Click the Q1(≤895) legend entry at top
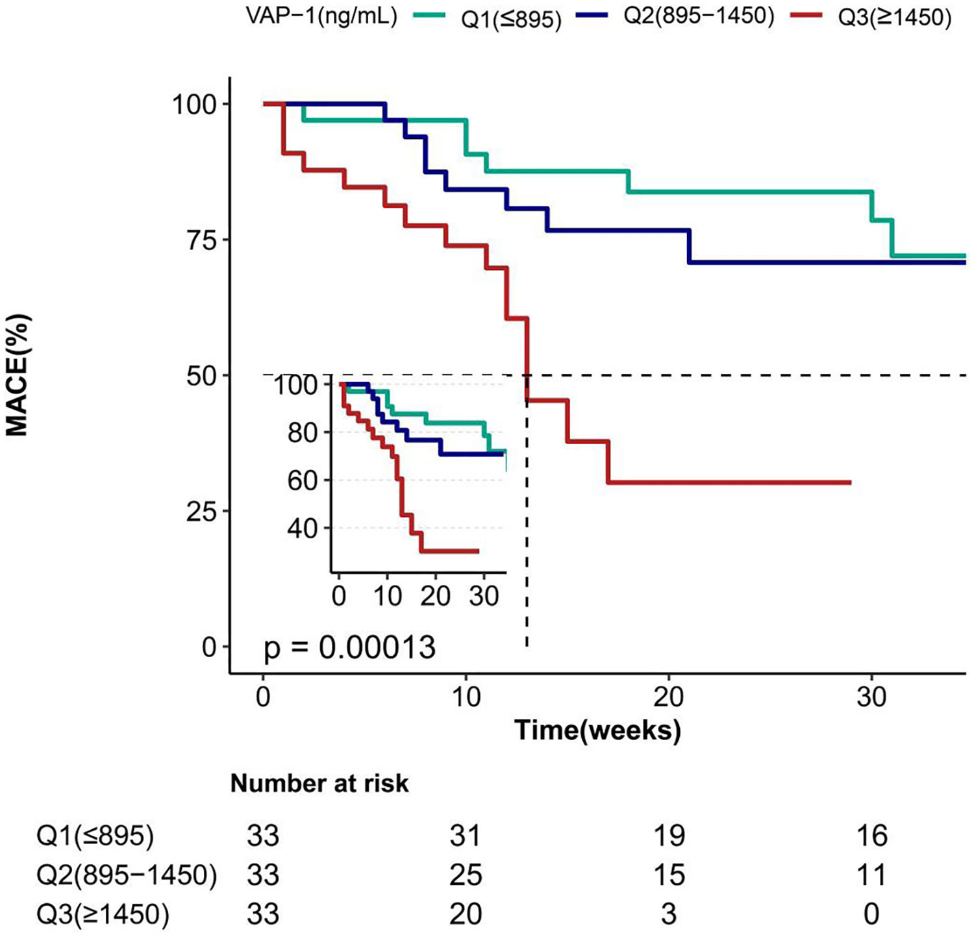click(x=510, y=19)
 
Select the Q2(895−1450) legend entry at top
click(x=699, y=16)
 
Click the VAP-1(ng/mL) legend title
click(x=322, y=16)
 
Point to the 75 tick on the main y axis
click(x=202, y=240)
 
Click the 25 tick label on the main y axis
click(x=202, y=512)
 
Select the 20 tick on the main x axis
click(x=668, y=697)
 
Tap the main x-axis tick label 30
click(x=871, y=697)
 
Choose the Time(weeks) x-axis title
click(x=597, y=730)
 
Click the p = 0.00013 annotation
click(x=349, y=647)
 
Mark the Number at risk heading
click(x=319, y=784)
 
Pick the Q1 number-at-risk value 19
click(x=668, y=836)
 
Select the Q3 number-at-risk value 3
click(x=668, y=914)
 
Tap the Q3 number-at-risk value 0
click(x=871, y=914)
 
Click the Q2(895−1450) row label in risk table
click(x=127, y=875)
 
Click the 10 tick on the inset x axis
click(x=387, y=595)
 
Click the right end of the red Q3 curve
click(x=850, y=482)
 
